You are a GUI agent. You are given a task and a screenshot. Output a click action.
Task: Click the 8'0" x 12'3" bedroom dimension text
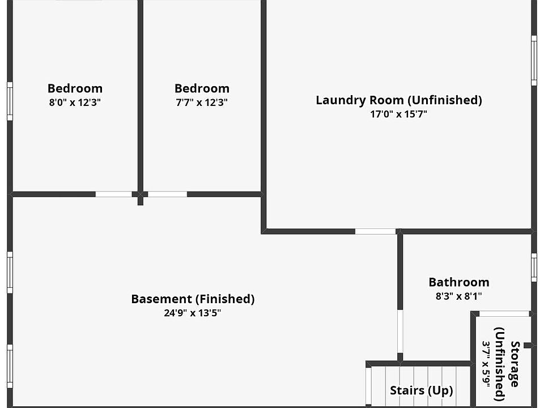(75, 103)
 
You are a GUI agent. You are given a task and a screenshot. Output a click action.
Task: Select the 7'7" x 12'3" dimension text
(202, 103)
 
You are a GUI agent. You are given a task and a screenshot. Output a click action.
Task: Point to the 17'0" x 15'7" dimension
(398, 114)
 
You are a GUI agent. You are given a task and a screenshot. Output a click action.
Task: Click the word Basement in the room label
(161, 299)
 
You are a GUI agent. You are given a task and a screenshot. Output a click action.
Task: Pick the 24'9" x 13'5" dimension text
(193, 313)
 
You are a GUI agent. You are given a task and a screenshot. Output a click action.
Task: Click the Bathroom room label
(459, 282)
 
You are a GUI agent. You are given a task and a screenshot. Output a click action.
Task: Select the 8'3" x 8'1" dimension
(458, 296)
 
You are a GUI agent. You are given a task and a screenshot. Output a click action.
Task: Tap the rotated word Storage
(515, 364)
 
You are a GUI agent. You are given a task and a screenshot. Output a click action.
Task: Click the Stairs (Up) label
(422, 390)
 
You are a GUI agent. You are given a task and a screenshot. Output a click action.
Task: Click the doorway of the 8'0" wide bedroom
(113, 194)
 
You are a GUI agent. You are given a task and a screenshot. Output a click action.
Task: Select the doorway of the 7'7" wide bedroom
(167, 194)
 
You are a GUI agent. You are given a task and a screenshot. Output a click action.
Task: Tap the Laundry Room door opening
(375, 231)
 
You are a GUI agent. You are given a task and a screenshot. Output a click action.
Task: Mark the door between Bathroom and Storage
(504, 313)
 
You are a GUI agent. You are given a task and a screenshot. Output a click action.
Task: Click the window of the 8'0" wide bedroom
(10, 101)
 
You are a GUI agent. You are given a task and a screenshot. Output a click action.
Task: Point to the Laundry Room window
(534, 61)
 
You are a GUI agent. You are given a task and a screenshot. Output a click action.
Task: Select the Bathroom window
(534, 267)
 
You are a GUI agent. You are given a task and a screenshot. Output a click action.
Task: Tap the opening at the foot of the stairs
(368, 386)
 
